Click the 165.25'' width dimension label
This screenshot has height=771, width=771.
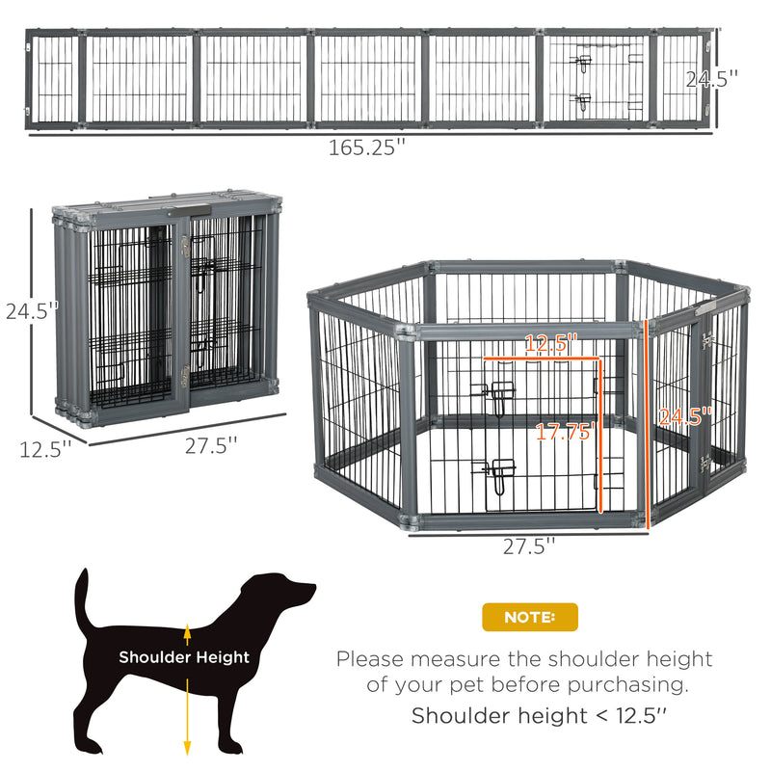click(x=367, y=147)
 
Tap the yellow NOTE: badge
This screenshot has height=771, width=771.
click(x=529, y=617)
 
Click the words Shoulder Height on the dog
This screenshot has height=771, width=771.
click(x=184, y=657)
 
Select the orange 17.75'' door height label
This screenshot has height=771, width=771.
click(x=565, y=432)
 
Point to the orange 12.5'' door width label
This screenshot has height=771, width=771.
click(x=550, y=343)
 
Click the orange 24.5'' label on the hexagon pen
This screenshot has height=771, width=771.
click(x=685, y=416)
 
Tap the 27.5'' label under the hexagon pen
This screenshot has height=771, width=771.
click(x=528, y=546)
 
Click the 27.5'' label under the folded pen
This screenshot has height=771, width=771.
click(x=211, y=445)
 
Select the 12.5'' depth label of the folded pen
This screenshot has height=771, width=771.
click(x=45, y=449)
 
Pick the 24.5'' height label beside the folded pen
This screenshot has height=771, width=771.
click(x=32, y=310)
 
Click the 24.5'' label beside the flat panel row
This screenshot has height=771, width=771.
click(x=711, y=79)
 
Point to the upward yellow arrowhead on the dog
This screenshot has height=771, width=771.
click(x=187, y=630)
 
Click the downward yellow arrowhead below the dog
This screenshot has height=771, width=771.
click(x=187, y=748)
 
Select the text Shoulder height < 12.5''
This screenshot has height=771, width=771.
click(x=539, y=715)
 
